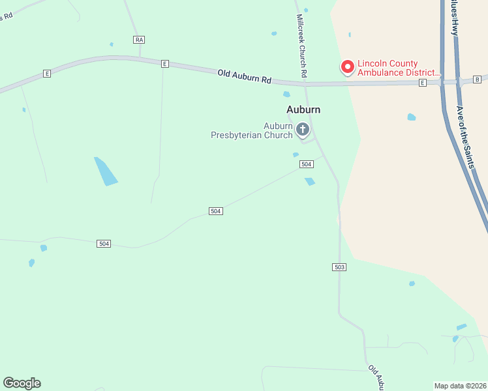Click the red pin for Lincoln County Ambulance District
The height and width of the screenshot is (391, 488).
point(348,66)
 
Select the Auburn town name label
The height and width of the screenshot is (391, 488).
point(303,109)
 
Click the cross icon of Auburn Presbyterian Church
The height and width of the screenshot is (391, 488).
point(302,130)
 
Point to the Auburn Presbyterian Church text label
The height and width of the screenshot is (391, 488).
point(252,130)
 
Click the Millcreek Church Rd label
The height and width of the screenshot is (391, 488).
point(301,46)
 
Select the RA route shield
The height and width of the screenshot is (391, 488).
point(138,40)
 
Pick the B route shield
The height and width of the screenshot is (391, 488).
point(478,80)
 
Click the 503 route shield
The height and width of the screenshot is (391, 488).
point(339,267)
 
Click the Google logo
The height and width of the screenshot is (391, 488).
point(22,383)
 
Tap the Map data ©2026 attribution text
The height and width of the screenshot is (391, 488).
point(460,386)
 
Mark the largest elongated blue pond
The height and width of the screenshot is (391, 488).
point(106,171)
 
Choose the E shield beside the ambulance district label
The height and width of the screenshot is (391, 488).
point(423,83)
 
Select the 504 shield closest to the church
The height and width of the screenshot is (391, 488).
point(307,164)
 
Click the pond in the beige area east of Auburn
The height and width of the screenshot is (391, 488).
point(412,117)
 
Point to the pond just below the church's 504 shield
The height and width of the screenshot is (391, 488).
point(310,182)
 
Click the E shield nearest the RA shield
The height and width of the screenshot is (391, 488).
point(165,64)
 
